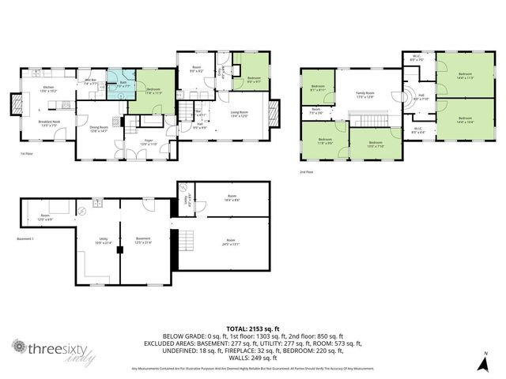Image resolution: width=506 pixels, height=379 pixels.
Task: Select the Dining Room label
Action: [99, 129]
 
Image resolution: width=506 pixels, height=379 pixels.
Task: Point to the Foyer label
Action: [149, 143]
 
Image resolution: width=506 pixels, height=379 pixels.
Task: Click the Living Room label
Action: [240, 114]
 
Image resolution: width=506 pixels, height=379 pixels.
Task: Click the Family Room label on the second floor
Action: [364, 95]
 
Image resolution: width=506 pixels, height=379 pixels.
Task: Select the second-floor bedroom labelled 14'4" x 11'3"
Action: [464, 76]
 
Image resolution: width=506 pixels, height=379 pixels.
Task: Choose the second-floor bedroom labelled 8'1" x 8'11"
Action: [318, 88]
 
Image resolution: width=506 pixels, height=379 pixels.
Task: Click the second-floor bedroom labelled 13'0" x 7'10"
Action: [364, 144]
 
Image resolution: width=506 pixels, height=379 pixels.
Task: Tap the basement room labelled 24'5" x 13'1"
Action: [230, 242]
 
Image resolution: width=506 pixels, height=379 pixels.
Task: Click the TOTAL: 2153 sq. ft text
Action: [252, 327]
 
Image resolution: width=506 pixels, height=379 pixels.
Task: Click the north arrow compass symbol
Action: [485, 362]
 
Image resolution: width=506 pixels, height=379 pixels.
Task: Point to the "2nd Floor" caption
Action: [306, 171]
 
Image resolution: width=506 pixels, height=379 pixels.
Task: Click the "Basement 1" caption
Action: [27, 238]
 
